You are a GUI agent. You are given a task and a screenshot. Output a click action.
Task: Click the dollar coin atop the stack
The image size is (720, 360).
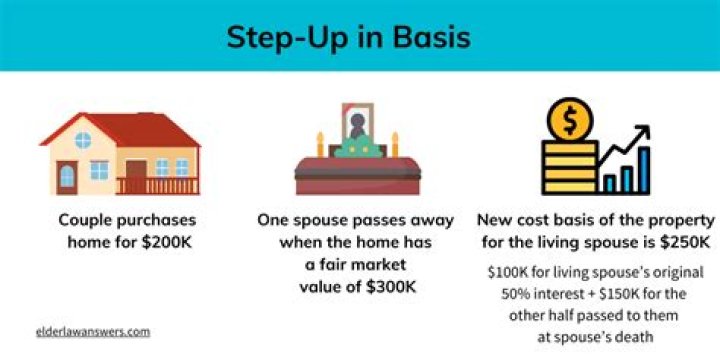tap(567, 122)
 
